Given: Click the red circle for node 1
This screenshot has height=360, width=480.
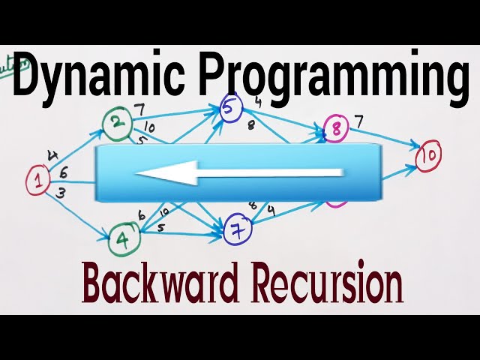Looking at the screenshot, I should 37,180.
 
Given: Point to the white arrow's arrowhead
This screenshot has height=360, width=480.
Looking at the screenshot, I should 150,174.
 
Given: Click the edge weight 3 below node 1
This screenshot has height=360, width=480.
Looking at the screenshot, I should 60,193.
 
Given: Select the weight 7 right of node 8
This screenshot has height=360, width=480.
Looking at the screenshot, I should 358,120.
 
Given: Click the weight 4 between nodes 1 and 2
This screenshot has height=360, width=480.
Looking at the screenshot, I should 52,155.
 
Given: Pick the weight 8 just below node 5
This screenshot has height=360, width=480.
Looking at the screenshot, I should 250,124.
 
